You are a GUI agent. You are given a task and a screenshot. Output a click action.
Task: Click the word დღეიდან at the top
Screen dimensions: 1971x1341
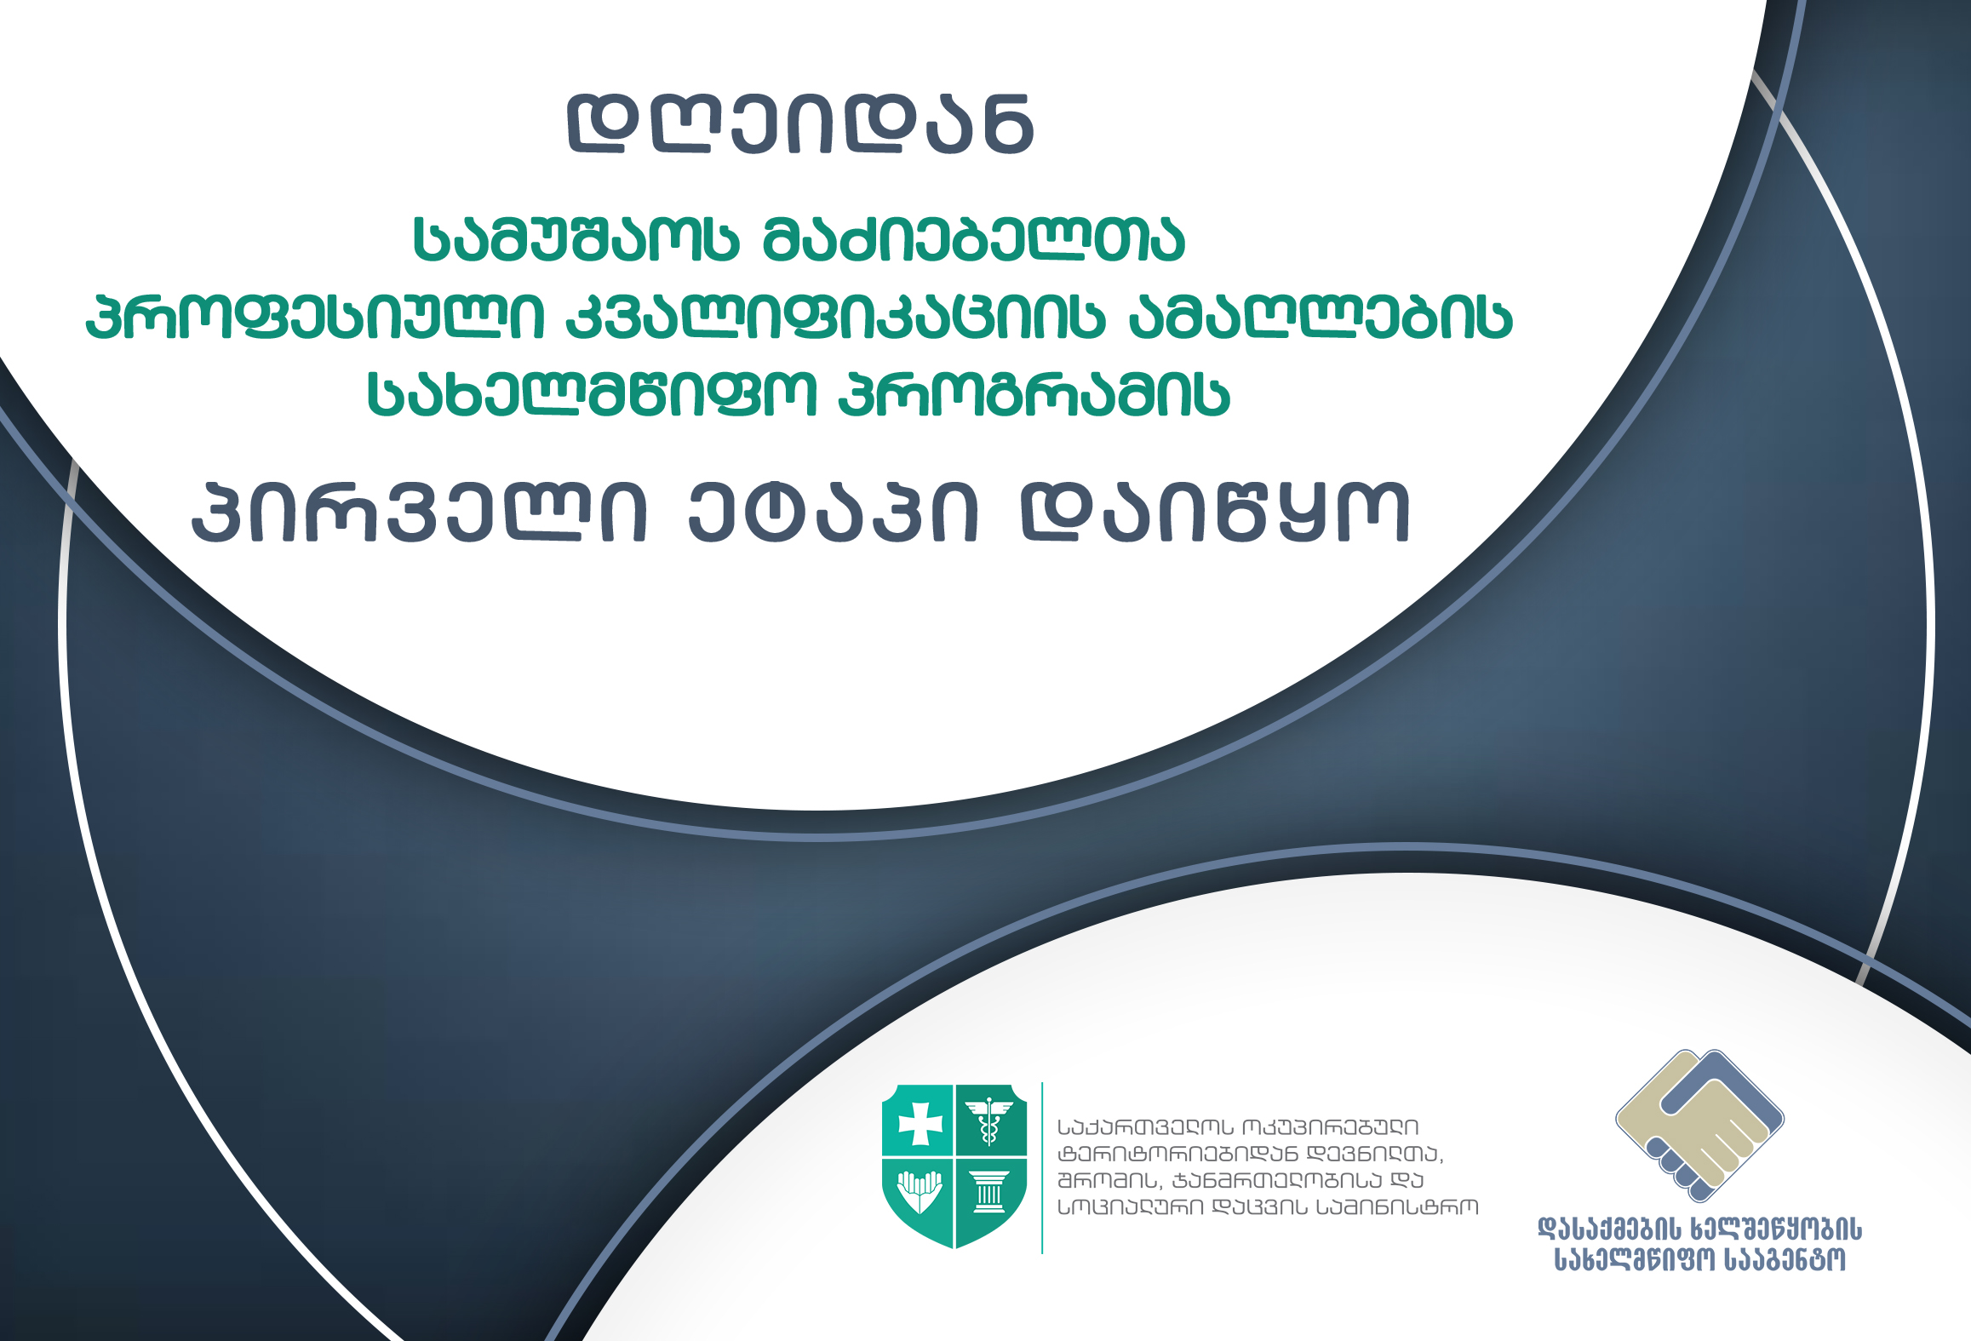800,123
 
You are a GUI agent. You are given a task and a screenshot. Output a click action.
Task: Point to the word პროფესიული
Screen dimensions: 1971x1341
314,317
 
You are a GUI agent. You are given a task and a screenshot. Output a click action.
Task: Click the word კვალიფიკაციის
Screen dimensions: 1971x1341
835,317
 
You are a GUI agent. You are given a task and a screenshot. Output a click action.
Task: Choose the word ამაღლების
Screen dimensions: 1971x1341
1321,317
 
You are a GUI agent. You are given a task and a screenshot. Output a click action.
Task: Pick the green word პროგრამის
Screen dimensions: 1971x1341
1034,394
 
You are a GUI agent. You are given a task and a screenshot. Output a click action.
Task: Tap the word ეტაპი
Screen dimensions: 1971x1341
834,513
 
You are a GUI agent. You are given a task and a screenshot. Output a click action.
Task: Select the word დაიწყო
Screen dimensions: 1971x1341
1215,513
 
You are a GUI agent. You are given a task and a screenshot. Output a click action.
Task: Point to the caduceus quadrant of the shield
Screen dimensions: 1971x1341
989,1120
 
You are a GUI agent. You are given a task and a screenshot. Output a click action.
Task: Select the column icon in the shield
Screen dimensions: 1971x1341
988,1192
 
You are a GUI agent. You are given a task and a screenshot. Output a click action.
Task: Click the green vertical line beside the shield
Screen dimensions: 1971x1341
1042,1168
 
